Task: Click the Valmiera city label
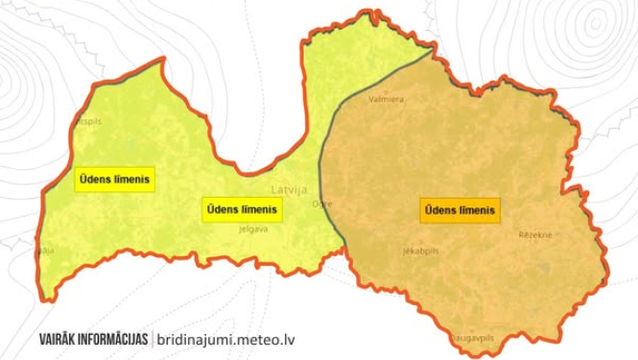(x=388, y=98)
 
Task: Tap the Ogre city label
(x=322, y=204)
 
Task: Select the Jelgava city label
(x=253, y=228)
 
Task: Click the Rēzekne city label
(x=535, y=234)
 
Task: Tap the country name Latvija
(x=289, y=189)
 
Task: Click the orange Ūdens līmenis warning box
(x=461, y=209)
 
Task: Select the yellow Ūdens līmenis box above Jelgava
(x=241, y=209)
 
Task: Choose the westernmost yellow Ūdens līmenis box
(x=114, y=179)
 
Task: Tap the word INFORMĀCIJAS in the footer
(x=116, y=339)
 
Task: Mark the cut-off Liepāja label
(x=45, y=250)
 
